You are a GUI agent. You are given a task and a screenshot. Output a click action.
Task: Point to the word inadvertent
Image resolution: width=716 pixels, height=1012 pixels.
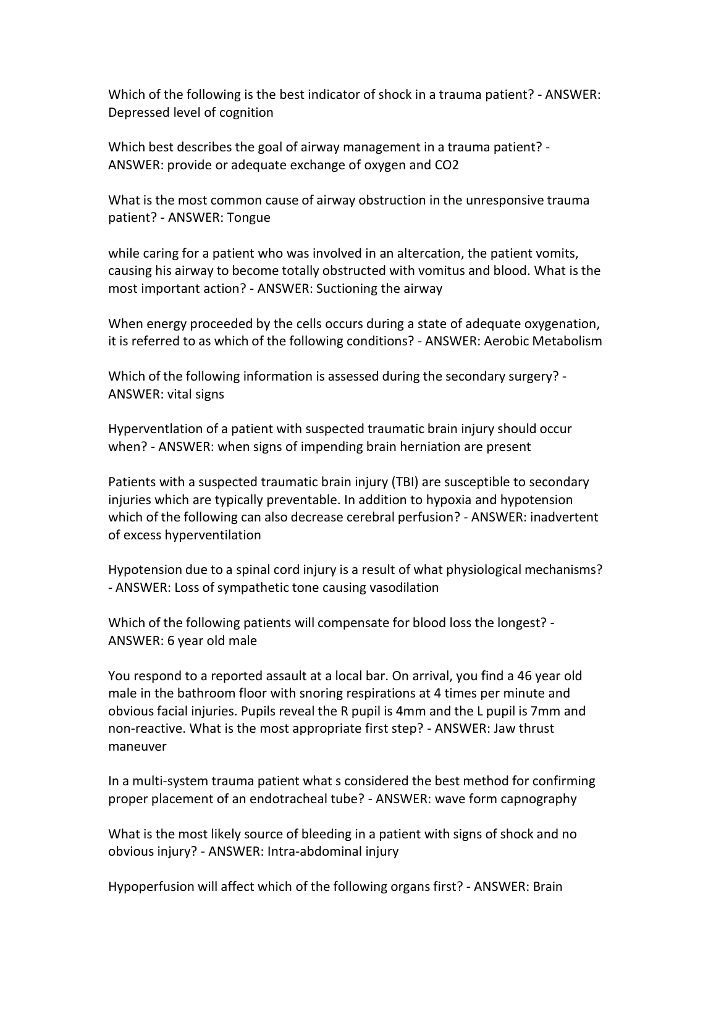click(567, 517)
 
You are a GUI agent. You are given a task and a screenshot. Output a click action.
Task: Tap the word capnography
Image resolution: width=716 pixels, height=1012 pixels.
click(538, 799)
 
